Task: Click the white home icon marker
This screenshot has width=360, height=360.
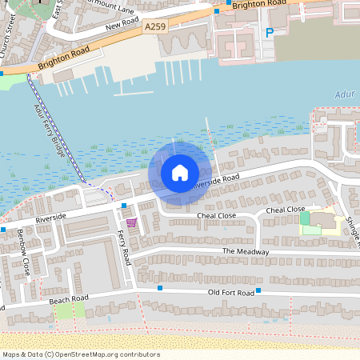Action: tap(180, 172)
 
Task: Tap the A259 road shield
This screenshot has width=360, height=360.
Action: tap(157, 27)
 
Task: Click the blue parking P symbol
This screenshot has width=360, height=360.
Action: tap(269, 33)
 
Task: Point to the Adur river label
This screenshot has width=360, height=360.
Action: tap(343, 95)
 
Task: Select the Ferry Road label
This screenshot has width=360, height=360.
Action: tap(126, 248)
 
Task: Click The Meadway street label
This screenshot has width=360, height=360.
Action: tap(246, 251)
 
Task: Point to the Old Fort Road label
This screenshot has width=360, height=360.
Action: tap(230, 293)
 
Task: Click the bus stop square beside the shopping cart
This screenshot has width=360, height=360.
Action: tap(124, 206)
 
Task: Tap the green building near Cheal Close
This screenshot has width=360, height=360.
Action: tap(305, 218)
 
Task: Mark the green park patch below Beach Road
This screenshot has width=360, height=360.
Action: tap(64, 311)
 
